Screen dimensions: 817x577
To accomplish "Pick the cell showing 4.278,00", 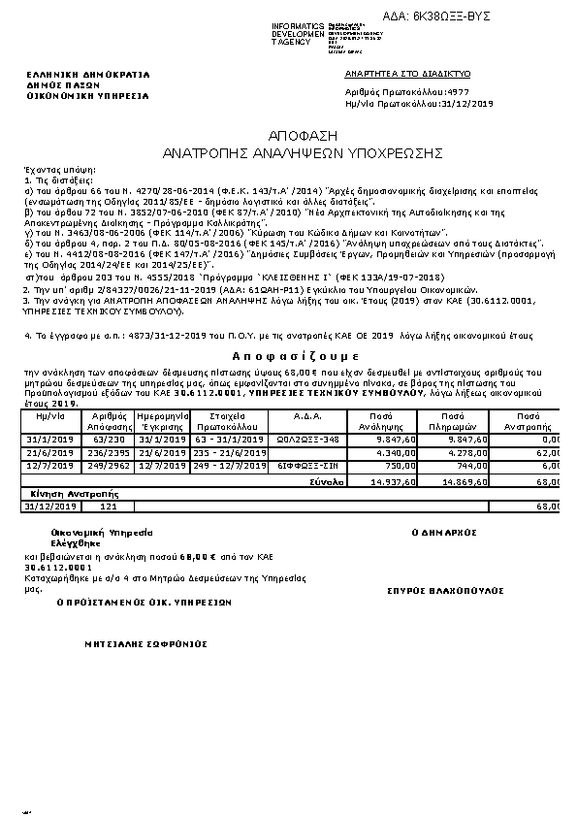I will pos(465,452).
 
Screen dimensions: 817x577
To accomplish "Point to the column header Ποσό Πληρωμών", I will pos(465,419).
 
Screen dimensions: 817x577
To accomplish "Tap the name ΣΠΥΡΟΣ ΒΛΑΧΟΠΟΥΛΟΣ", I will pos(445,590).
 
